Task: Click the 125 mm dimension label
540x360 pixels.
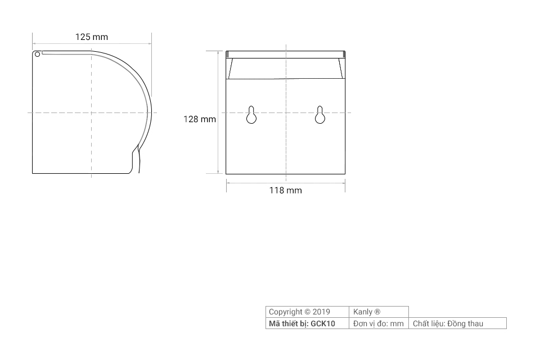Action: click(92, 37)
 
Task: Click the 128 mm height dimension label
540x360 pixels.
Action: click(200, 119)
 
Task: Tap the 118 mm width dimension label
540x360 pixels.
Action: click(286, 190)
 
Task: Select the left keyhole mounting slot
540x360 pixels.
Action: click(251, 115)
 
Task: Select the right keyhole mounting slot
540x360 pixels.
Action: click(320, 115)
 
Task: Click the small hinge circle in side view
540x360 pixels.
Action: click(37, 54)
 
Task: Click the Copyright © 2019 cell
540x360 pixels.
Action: click(307, 312)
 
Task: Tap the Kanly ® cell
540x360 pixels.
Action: click(379, 312)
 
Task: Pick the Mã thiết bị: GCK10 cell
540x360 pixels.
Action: click(307, 323)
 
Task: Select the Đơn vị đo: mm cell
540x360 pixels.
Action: click(379, 323)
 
